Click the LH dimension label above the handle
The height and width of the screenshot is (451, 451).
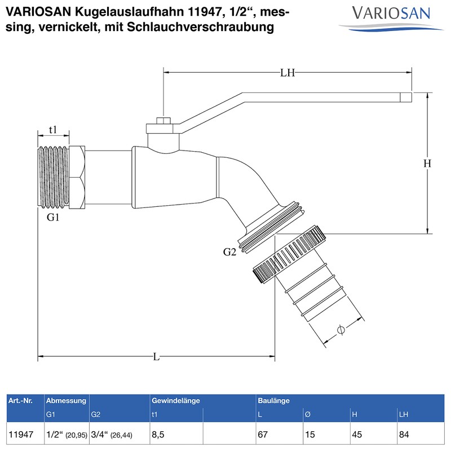point(288,72)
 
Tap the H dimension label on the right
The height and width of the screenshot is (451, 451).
point(427,163)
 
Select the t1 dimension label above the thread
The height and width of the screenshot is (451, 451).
point(53,130)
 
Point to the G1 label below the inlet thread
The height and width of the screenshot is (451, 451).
point(53,217)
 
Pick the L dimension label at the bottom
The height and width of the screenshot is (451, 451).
point(156,356)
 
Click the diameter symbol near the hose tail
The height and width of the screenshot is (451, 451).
point(341,330)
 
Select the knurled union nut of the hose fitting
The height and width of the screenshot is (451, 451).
point(292,255)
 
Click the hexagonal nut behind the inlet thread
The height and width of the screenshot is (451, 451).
point(78,176)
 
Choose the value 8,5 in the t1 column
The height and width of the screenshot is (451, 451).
point(160,435)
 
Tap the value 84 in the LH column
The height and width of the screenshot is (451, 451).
point(404,435)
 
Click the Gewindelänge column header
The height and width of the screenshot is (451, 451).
point(176,401)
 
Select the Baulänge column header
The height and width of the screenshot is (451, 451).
point(273,401)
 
